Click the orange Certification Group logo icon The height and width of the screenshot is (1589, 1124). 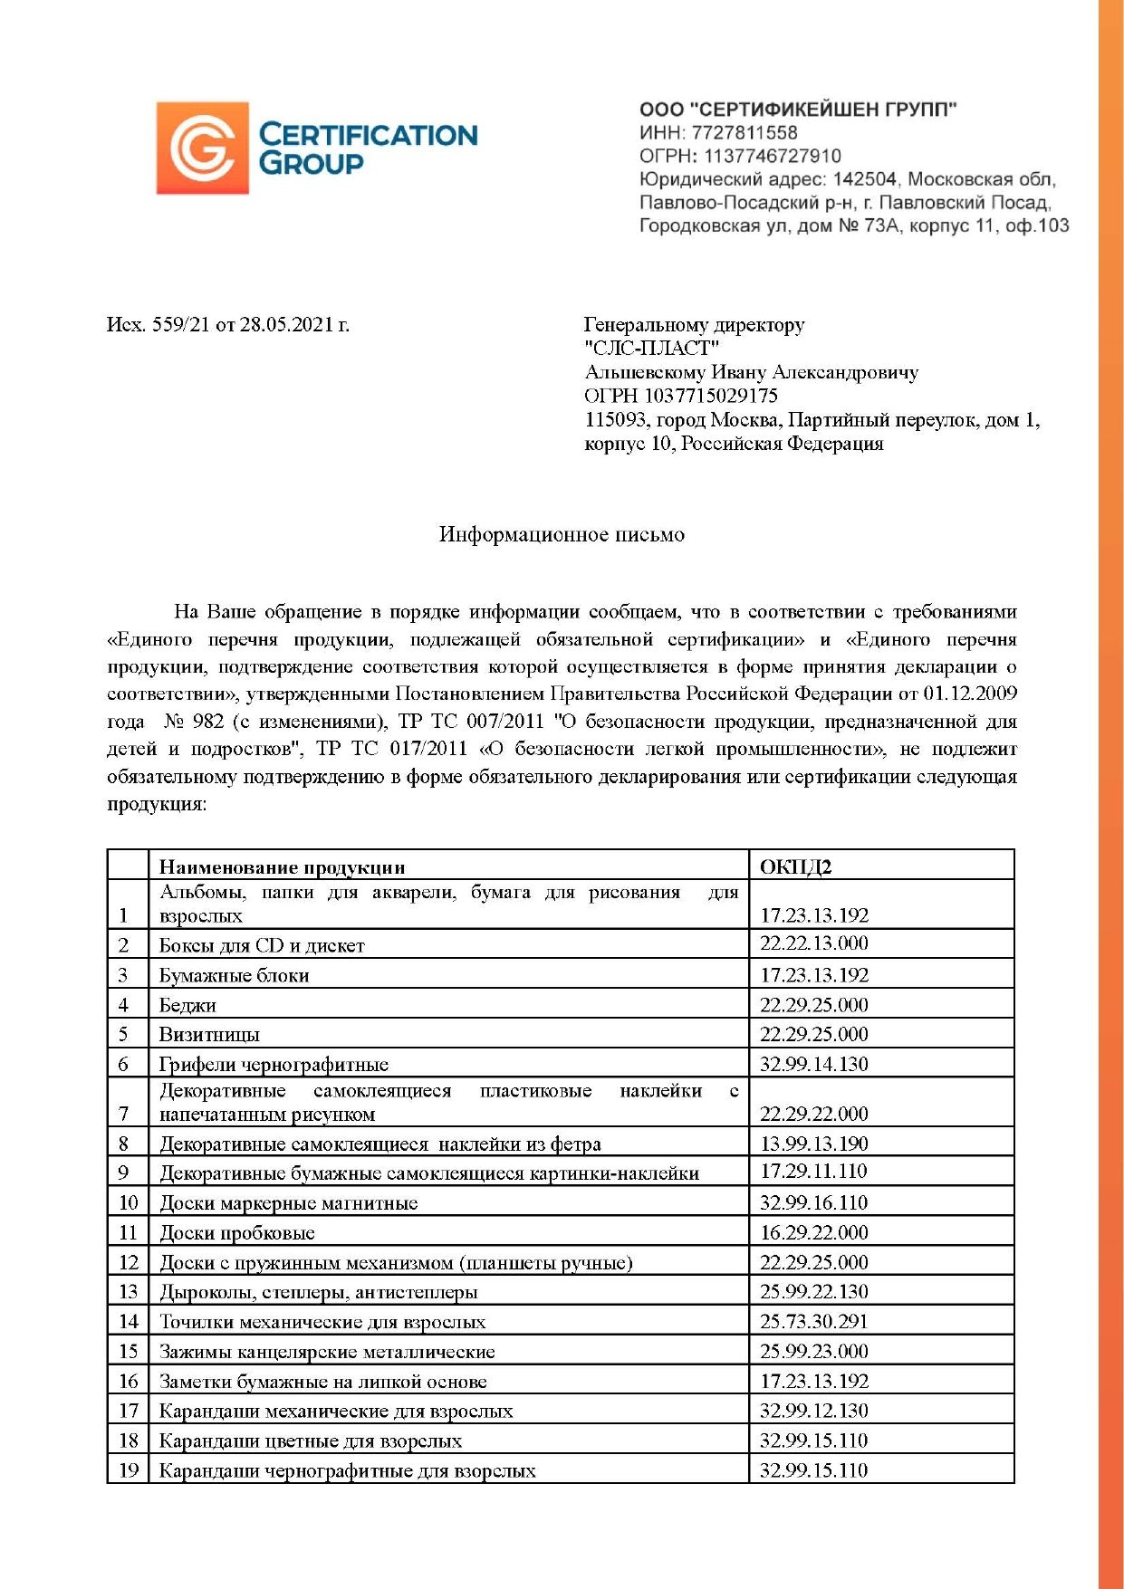click(x=202, y=148)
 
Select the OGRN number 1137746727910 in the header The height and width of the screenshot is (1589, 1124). click(x=773, y=156)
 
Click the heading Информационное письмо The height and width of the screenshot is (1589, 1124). click(x=562, y=534)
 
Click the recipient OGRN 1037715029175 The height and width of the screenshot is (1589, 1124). click(x=711, y=396)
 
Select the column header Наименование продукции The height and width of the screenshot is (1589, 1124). click(x=282, y=866)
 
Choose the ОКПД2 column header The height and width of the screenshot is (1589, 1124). click(x=795, y=866)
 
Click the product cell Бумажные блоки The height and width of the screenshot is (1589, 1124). click(x=235, y=975)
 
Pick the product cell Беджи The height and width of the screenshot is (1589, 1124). click(x=187, y=1005)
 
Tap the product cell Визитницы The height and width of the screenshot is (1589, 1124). click(x=209, y=1034)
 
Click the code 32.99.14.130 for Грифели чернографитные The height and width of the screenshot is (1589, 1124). click(x=813, y=1064)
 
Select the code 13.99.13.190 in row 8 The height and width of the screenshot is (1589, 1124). click(x=813, y=1143)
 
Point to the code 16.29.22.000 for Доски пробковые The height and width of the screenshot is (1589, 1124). click(x=813, y=1232)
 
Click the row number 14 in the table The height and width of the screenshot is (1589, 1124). click(x=128, y=1321)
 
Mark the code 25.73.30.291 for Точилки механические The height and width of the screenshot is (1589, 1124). click(x=813, y=1321)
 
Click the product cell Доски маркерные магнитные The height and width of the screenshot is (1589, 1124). click(x=289, y=1202)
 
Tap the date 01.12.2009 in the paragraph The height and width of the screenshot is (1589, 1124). click(x=970, y=694)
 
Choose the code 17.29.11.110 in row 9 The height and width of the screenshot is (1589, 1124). click(x=813, y=1172)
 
